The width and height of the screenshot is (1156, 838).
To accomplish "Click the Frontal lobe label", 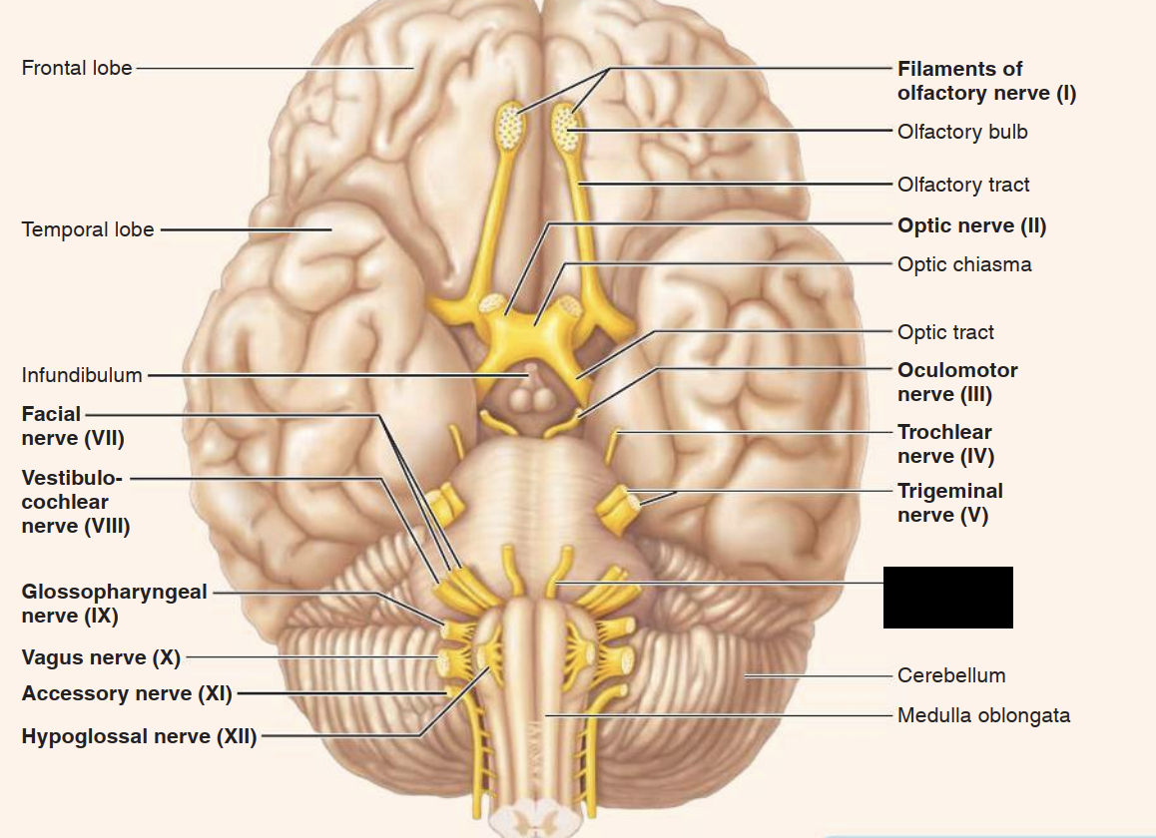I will pyautogui.click(x=77, y=69).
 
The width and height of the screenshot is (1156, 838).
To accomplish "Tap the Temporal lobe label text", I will pyautogui.click(x=88, y=229).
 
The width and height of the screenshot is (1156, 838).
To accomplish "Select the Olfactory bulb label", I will pyautogui.click(x=961, y=132).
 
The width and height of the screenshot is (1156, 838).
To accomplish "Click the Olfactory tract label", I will pyautogui.click(x=962, y=185).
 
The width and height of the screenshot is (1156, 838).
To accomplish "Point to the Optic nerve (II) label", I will pyautogui.click(x=971, y=225).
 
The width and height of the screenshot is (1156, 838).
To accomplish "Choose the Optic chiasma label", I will pyautogui.click(x=963, y=264).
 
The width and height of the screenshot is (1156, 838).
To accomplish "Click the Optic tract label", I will pyautogui.click(x=945, y=332).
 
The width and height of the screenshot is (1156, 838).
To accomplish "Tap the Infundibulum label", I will pyautogui.click(x=82, y=376).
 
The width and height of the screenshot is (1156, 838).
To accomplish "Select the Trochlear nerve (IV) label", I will pyautogui.click(x=944, y=444).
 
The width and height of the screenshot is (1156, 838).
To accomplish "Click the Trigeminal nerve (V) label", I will pyautogui.click(x=949, y=503).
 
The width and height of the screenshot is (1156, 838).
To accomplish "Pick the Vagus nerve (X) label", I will pyautogui.click(x=101, y=657).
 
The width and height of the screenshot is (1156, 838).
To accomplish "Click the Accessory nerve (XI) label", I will pyautogui.click(x=127, y=693).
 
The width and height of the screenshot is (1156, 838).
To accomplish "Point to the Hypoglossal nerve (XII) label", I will pyautogui.click(x=139, y=737).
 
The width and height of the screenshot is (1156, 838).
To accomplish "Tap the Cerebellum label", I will pyautogui.click(x=950, y=675).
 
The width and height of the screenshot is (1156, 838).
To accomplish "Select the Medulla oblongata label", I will pyautogui.click(x=983, y=715).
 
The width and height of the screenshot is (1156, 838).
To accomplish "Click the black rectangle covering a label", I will pyautogui.click(x=947, y=598).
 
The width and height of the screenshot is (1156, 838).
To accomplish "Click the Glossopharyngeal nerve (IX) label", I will pyautogui.click(x=114, y=604).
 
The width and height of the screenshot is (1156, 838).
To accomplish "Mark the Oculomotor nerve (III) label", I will pyautogui.click(x=957, y=382).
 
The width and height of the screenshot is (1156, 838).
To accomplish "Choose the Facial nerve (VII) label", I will pyautogui.click(x=73, y=426).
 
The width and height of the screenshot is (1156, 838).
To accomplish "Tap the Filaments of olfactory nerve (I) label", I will pyautogui.click(x=986, y=81).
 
